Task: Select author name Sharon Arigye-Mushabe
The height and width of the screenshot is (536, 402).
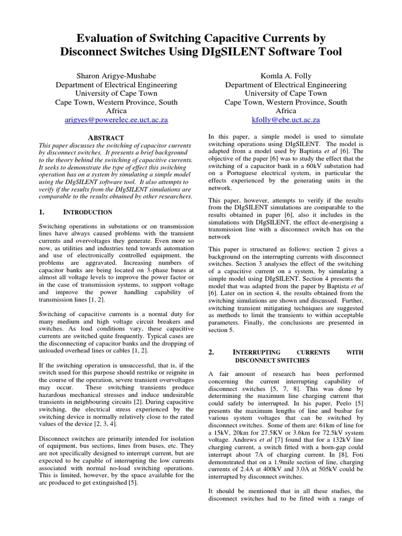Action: click(116, 76)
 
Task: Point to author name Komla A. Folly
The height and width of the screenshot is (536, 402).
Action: click(286, 76)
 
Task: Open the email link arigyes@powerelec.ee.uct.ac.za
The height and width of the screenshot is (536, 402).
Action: click(116, 120)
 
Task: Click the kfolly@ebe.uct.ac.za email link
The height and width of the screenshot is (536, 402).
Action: click(286, 120)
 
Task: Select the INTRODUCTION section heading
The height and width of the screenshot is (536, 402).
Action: click(88, 213)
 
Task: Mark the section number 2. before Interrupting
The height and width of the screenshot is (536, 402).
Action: click(211, 352)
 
